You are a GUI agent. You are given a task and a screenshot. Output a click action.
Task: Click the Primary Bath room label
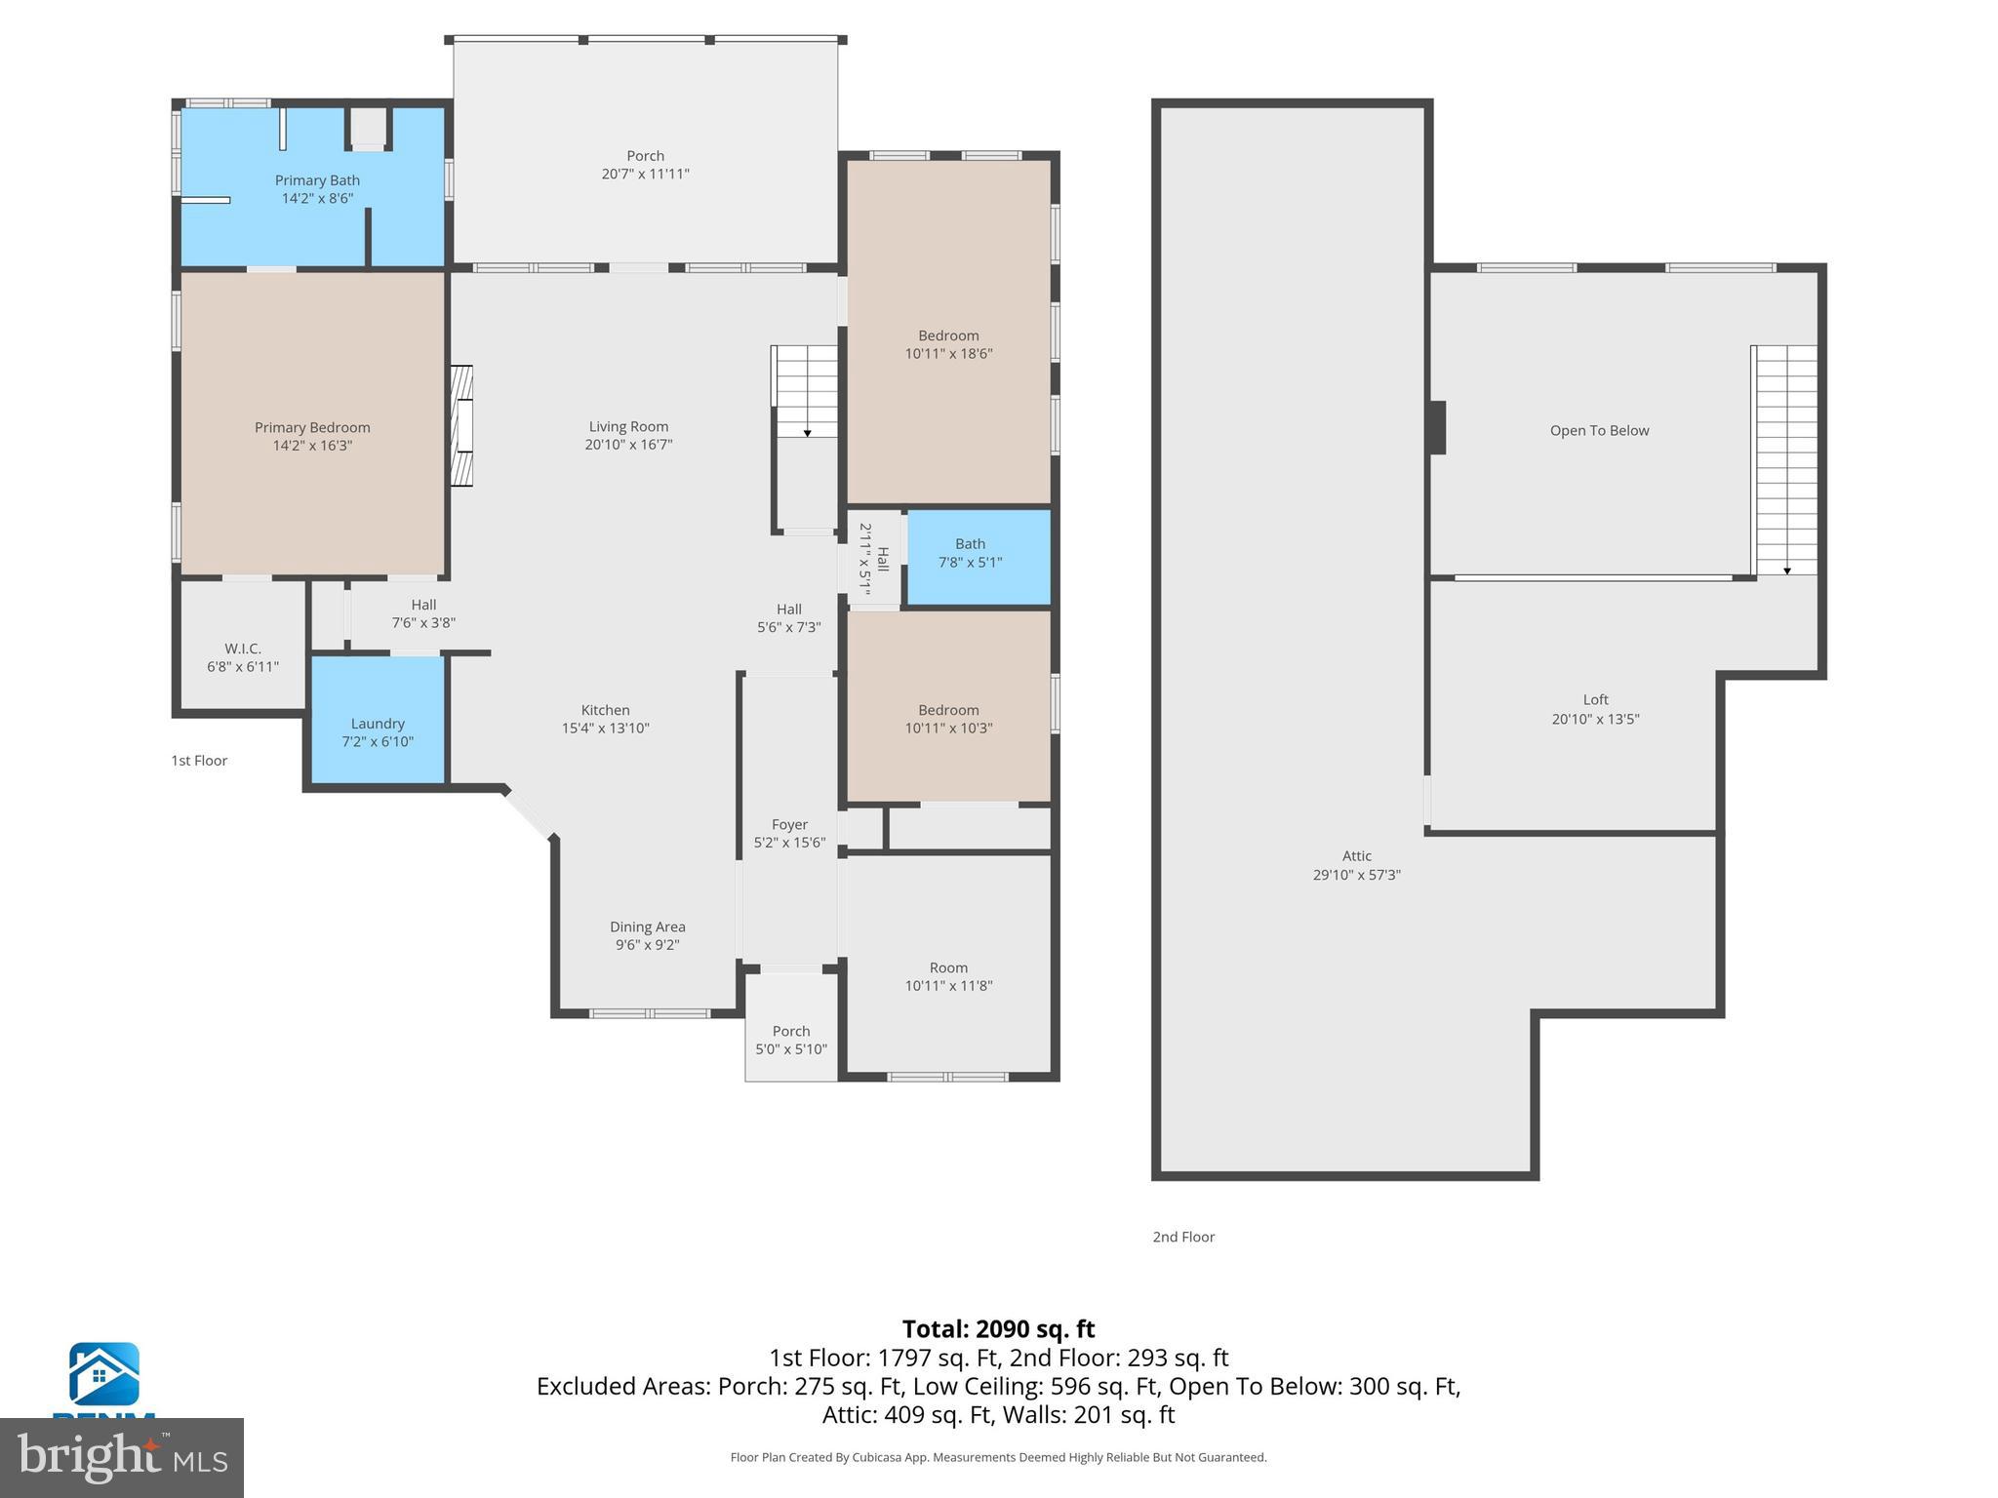pyautogui.click(x=317, y=180)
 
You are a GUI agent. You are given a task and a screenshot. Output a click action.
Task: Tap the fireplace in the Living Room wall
pyautogui.click(x=461, y=425)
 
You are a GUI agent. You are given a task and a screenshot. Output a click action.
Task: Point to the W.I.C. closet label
pyautogui.click(x=243, y=649)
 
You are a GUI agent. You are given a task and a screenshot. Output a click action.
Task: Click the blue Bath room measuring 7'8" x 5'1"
pyautogui.click(x=979, y=556)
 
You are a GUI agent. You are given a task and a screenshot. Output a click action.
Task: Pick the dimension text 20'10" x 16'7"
pyautogui.click(x=628, y=445)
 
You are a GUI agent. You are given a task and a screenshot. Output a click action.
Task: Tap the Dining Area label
pyautogui.click(x=647, y=926)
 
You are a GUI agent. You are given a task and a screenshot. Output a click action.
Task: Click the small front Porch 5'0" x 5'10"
pyautogui.click(x=791, y=1040)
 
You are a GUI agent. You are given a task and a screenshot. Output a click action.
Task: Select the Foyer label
pyautogui.click(x=789, y=824)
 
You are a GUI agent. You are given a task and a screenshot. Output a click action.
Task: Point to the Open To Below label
pyautogui.click(x=1599, y=430)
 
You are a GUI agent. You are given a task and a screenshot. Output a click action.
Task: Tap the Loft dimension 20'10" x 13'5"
pyautogui.click(x=1595, y=720)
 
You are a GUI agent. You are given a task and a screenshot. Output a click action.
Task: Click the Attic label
pyautogui.click(x=1356, y=855)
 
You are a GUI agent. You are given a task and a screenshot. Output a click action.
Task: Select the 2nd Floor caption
pyautogui.click(x=1183, y=1237)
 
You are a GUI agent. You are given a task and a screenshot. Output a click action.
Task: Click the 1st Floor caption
pyautogui.click(x=199, y=761)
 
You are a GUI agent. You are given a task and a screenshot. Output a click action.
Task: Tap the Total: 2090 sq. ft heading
pyautogui.click(x=998, y=1329)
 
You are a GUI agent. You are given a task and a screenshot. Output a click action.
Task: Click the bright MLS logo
pyautogui.click(x=122, y=1457)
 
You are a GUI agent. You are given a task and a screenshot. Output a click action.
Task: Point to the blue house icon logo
pyautogui.click(x=103, y=1374)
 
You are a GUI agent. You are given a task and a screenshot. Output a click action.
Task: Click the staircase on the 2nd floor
pyautogui.click(x=1787, y=458)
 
